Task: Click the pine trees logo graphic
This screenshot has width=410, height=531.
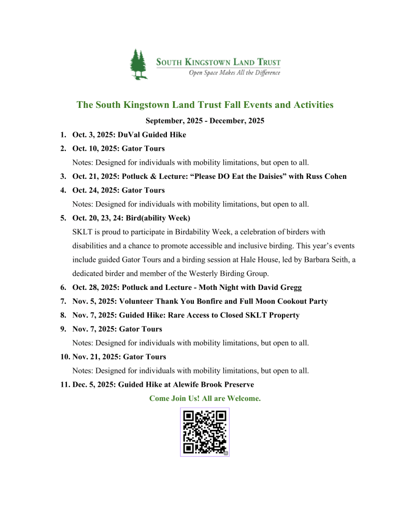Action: (x=138, y=65)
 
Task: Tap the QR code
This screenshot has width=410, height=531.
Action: (x=205, y=432)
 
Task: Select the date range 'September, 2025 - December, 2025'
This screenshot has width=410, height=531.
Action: (x=205, y=121)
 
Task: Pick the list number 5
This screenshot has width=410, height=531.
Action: (x=63, y=218)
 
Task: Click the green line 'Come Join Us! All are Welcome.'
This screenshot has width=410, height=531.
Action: (x=205, y=399)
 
